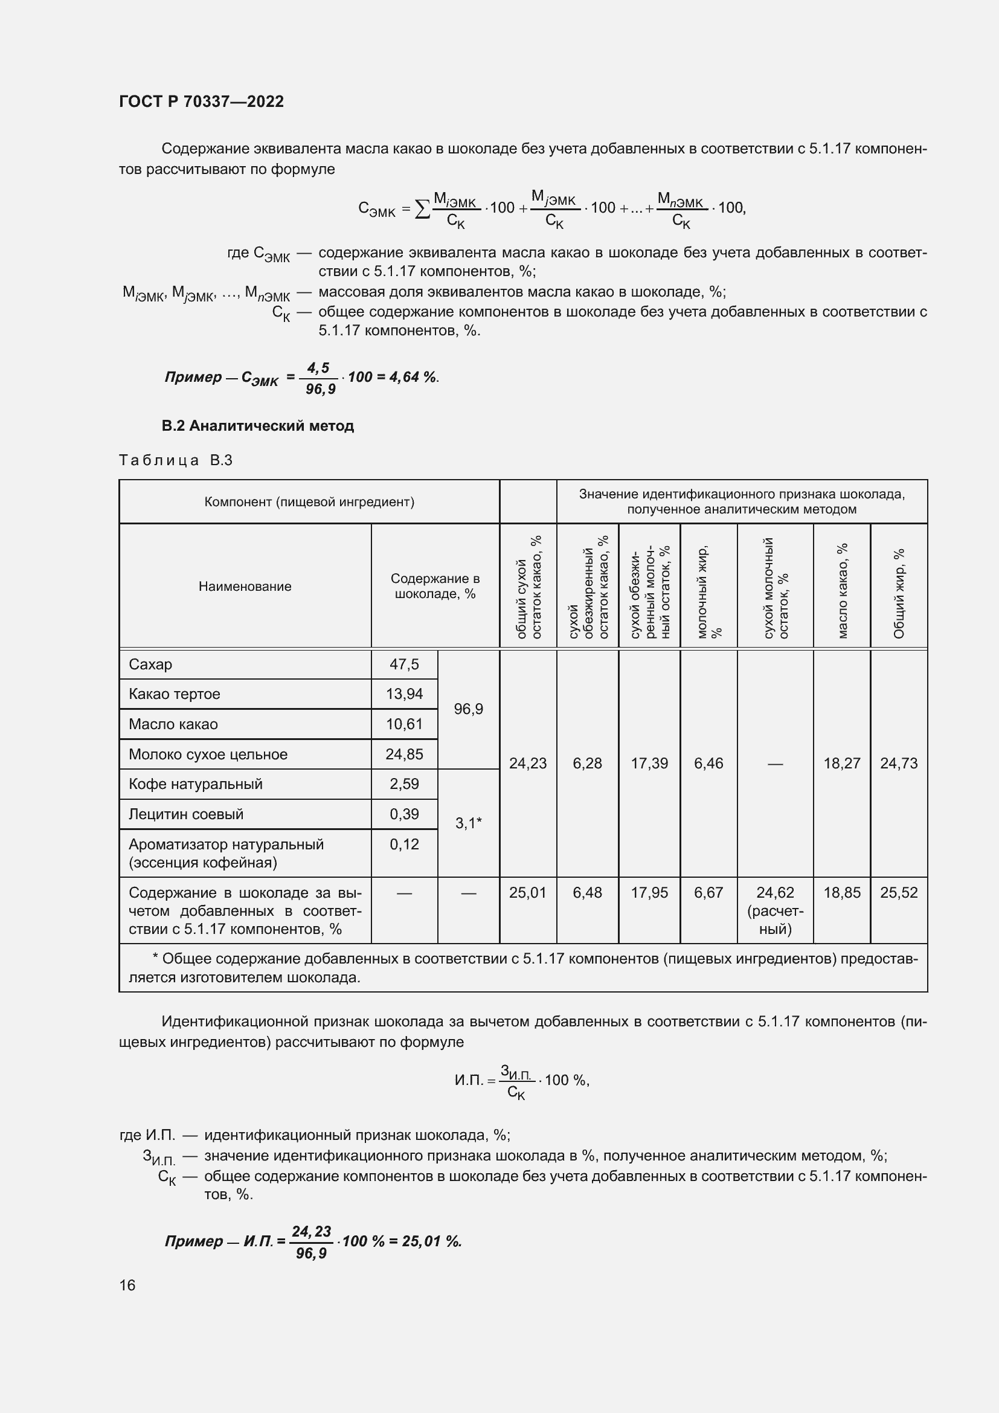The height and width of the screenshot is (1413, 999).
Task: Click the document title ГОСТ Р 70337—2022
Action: [x=201, y=101]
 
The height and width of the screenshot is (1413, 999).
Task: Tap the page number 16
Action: [x=127, y=1285]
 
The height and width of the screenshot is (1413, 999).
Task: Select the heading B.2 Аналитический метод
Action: [x=258, y=426]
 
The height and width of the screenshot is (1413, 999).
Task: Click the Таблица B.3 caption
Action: [x=175, y=460]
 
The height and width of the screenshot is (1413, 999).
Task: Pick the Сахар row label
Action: [x=151, y=664]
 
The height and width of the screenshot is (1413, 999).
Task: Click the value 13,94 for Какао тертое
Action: [x=404, y=694]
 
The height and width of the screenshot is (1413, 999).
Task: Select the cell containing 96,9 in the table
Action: [x=468, y=709]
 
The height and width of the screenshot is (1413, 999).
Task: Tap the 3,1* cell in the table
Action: [x=468, y=823]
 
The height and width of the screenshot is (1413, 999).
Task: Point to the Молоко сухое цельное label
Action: [x=208, y=755]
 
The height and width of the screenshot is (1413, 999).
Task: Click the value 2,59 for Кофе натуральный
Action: [x=404, y=784]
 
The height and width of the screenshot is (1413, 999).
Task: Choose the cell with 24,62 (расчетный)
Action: [x=775, y=910]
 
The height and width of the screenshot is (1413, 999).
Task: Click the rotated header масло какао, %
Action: [x=842, y=590]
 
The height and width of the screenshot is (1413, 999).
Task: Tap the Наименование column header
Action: [x=245, y=587]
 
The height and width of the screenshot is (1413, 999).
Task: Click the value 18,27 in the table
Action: [x=841, y=764]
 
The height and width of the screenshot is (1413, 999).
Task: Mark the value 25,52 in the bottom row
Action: [x=899, y=892]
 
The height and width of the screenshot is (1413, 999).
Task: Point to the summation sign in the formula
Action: [x=422, y=209]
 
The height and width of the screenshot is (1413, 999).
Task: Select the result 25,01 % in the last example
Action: [x=431, y=1241]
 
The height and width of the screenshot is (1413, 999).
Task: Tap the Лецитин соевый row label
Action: [x=186, y=814]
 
